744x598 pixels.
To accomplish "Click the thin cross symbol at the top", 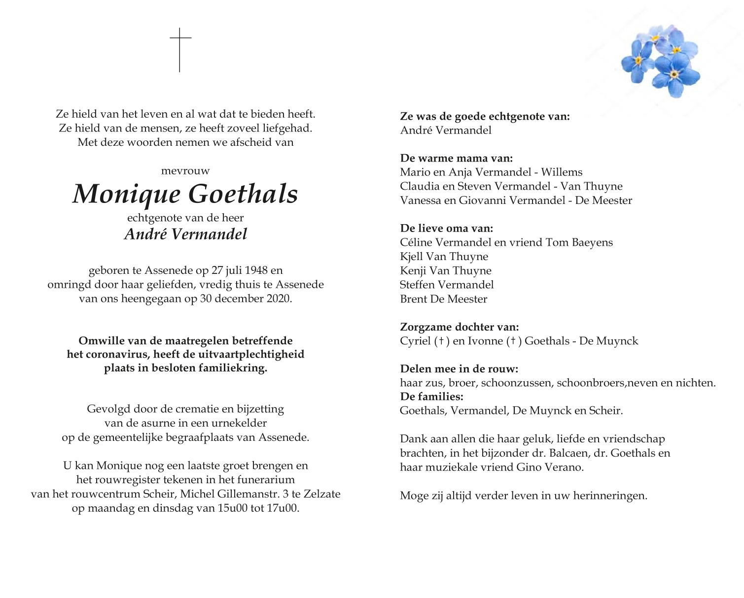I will [x=180, y=49].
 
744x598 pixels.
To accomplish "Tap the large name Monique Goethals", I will [x=185, y=194].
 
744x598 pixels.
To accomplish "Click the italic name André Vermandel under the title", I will [x=185, y=234].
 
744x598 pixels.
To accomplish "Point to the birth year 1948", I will [x=256, y=270].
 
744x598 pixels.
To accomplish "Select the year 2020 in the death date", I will [x=278, y=299].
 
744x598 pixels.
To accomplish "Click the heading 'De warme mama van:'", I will [x=456, y=158].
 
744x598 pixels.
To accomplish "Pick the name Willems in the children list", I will [x=562, y=172].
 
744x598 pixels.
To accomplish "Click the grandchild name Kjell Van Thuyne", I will [x=444, y=257].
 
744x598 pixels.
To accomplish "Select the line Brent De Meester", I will [x=443, y=299].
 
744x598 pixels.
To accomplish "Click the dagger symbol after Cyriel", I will [x=441, y=341].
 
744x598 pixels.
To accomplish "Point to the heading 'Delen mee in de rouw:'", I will [x=459, y=369].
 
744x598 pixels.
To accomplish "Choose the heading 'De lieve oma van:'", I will [x=446, y=229].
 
